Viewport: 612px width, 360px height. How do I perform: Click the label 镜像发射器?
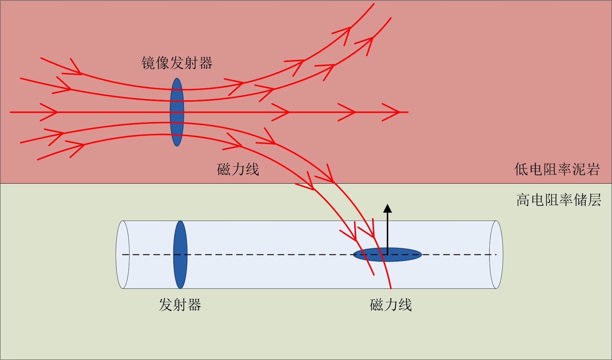pos(177,63)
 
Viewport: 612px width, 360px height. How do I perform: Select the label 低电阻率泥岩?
pos(557,169)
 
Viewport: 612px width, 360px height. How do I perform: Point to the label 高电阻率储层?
pos(558,200)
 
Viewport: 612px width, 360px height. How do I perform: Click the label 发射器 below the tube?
pos(180,305)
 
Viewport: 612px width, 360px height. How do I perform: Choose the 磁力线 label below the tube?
pos(391,305)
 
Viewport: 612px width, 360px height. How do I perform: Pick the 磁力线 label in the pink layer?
pos(238,169)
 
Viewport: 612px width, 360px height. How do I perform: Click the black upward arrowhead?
pos(387,208)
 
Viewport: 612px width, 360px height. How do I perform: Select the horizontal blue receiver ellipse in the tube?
pos(405,255)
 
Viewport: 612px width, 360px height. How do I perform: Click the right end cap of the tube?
pos(496,254)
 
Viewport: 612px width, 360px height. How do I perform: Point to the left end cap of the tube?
pos(123,254)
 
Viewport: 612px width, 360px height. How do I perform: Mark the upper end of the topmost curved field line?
pos(373,4)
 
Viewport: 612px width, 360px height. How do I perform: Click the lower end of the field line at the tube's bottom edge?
pos(391,288)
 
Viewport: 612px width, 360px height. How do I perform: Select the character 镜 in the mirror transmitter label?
pos(148,63)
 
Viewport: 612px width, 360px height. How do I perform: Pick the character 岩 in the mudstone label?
pos(592,169)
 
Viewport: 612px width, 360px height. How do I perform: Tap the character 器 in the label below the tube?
pos(194,305)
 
